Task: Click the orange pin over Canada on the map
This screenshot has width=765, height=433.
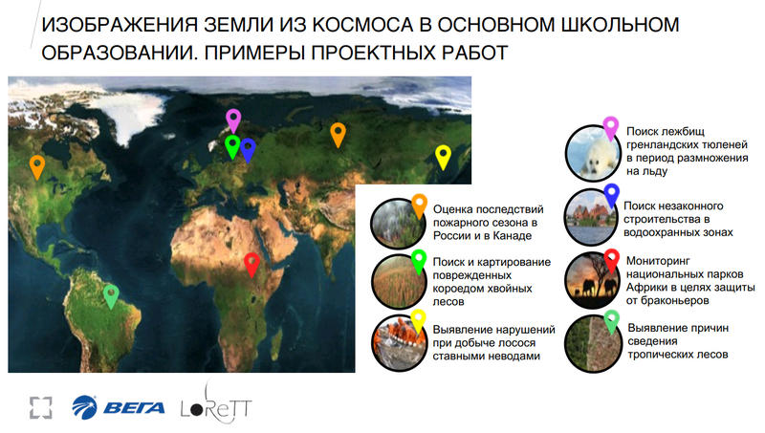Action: (37, 166)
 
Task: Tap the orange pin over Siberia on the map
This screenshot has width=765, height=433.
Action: (338, 135)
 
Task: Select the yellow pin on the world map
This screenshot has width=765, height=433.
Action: (443, 157)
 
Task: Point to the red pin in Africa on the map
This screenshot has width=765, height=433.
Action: (251, 265)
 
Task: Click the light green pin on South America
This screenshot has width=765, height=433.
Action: (111, 296)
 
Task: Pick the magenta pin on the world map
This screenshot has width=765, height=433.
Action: (233, 120)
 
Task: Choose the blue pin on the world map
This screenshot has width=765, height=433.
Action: (248, 150)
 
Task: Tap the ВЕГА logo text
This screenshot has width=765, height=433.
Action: (134, 407)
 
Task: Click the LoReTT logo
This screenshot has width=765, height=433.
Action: (216, 405)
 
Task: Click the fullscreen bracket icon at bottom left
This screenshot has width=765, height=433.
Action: (40, 407)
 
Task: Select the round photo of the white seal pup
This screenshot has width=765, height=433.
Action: (592, 154)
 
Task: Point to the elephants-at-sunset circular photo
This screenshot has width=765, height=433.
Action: (592, 280)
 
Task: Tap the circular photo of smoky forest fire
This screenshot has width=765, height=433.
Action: (398, 224)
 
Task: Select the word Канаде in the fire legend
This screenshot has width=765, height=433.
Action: (513, 235)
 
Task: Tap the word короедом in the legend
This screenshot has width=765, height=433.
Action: (456, 288)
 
